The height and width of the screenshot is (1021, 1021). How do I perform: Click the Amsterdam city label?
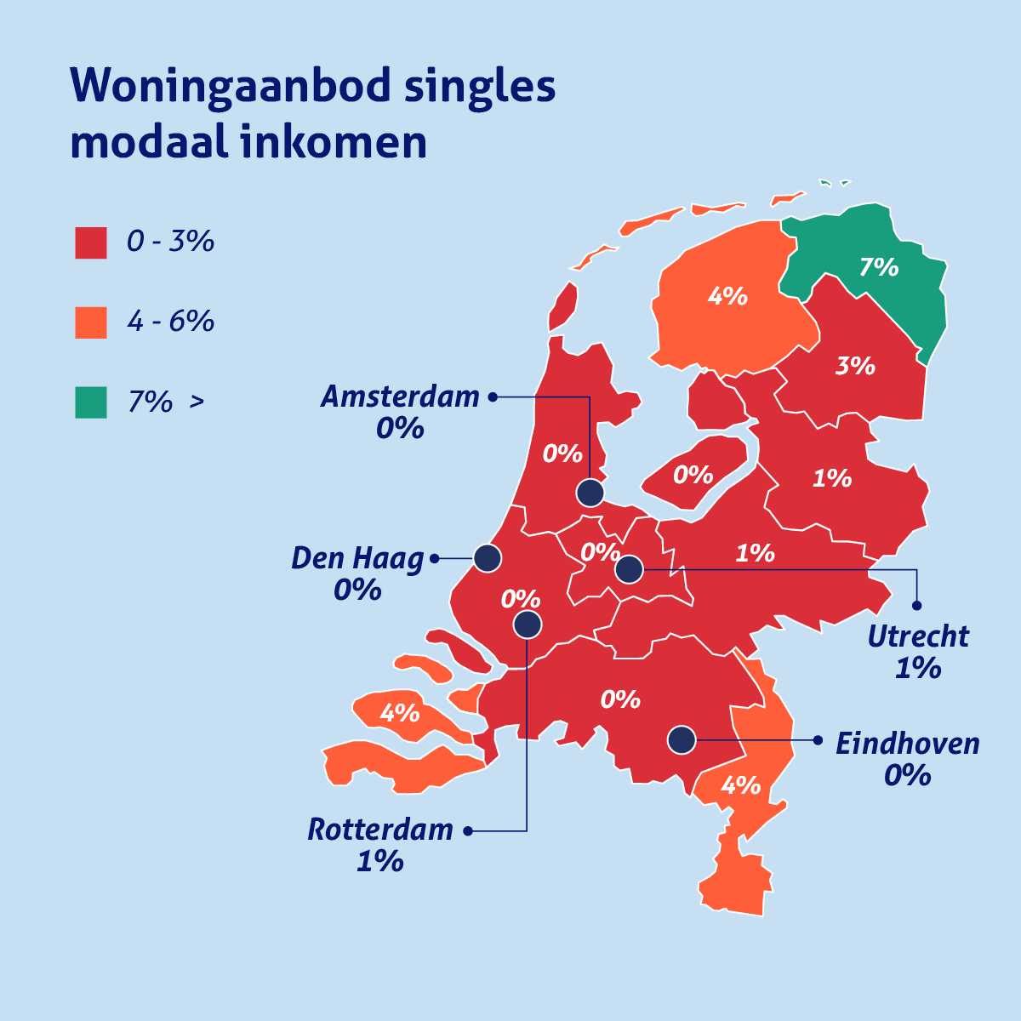[x=400, y=397]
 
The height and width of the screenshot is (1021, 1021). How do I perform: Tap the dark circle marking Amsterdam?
[x=590, y=493]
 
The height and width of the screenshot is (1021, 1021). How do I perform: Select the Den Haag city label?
[x=357, y=559]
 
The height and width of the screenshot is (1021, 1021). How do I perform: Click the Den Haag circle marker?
[x=488, y=558]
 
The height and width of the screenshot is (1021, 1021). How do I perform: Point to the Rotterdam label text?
[x=380, y=830]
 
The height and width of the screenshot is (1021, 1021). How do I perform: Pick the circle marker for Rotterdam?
[x=528, y=625]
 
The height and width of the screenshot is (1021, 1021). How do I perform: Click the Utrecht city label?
[x=918, y=636]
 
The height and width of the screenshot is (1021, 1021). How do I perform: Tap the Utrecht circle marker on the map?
[x=629, y=568]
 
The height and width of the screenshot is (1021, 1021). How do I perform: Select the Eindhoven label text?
[x=907, y=744]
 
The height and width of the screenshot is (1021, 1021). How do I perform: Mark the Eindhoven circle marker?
[x=681, y=740]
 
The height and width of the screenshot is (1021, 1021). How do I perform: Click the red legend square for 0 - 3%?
[x=91, y=242]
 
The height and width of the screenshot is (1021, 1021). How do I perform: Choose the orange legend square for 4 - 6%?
[x=91, y=322]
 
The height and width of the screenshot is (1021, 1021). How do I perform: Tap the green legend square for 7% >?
[x=91, y=402]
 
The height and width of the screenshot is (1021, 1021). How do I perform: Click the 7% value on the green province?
[x=879, y=267]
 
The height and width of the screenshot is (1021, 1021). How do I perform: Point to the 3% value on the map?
[x=855, y=366]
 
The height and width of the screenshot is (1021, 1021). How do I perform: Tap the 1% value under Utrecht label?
[x=918, y=669]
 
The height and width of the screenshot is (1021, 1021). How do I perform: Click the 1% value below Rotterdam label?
[x=380, y=862]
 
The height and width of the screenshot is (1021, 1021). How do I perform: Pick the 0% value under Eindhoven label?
[x=907, y=776]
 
